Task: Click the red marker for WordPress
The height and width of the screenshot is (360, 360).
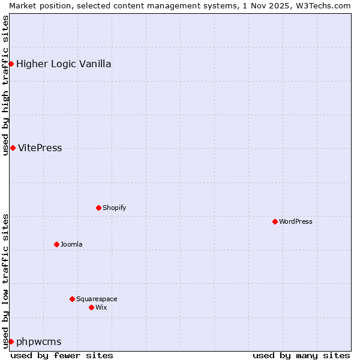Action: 275,221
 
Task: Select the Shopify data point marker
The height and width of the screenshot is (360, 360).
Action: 98,208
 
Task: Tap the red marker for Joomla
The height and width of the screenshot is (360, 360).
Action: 56,244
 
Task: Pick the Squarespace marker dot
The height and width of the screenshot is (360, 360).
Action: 72,299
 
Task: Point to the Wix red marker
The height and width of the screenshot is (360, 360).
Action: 91,307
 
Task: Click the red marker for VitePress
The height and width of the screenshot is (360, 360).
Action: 13,148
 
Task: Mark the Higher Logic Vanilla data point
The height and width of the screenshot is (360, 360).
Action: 11,64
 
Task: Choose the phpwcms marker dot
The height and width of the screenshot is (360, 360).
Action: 11,341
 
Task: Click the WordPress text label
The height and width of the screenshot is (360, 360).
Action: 296,221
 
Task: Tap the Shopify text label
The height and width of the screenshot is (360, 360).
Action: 114,208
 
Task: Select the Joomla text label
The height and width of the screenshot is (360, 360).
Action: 71,244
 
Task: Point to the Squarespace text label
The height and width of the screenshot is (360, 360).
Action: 97,299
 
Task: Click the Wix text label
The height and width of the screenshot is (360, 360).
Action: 101,307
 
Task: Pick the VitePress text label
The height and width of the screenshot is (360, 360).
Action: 40,148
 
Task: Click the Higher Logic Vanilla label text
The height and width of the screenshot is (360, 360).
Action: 64,64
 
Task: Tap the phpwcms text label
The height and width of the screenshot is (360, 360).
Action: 38,341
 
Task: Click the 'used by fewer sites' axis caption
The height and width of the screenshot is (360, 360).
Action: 62,355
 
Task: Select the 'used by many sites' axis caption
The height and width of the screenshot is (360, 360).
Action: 301,355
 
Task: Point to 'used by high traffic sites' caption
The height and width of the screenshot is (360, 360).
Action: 5,85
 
